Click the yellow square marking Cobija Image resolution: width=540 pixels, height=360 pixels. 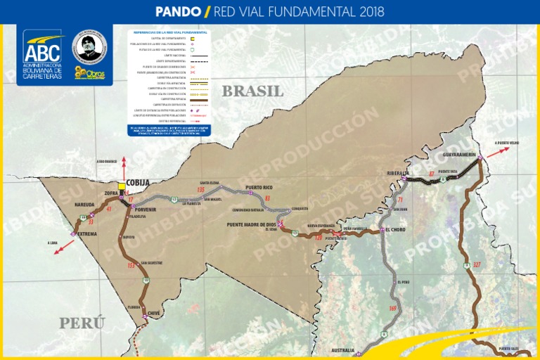click(x=122, y=186)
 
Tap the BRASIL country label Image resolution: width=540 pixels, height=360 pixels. click(x=252, y=91)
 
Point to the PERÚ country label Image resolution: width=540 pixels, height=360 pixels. click(x=82, y=323)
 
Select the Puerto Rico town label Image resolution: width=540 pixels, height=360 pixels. click(x=258, y=187)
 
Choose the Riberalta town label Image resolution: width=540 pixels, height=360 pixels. click(x=398, y=173)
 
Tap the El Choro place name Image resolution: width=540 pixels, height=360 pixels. click(x=396, y=230)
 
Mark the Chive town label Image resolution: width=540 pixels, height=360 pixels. click(x=155, y=314)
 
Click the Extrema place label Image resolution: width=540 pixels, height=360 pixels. click(x=87, y=233)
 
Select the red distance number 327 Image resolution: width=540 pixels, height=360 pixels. click(x=477, y=264)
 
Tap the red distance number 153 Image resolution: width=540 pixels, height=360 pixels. click(x=131, y=266)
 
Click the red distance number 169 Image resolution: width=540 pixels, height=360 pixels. click(x=392, y=308)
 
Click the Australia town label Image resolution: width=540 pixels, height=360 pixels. click(x=342, y=349)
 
